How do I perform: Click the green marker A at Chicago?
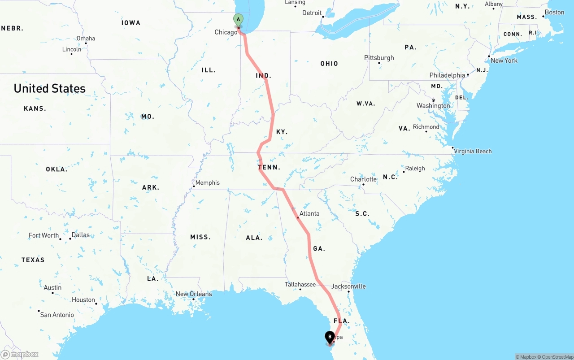tap(238, 20)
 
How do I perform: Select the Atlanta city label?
tap(309, 213)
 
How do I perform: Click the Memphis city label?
tap(208, 182)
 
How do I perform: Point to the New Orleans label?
tap(194, 294)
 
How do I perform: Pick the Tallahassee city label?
tap(300, 285)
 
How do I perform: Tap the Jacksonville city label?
tap(348, 286)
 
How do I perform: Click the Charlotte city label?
tap(363, 179)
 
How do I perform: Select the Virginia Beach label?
tap(473, 151)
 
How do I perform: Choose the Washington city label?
tap(433, 106)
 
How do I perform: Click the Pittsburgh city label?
tap(379, 58)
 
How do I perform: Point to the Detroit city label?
tap(312, 13)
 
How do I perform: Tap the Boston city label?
tap(554, 13)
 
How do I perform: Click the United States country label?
tap(49, 88)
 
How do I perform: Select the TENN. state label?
tap(269, 167)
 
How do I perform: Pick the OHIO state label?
tap(329, 64)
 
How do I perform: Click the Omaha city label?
tap(86, 39)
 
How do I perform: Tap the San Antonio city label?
tap(57, 315)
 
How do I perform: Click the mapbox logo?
tap(20, 354)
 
